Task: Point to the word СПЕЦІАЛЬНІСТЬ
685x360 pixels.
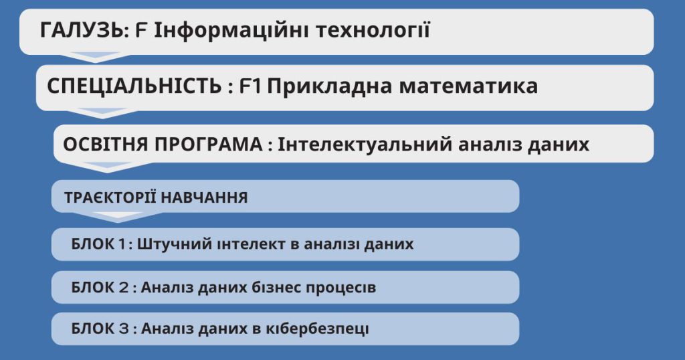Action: pos(134,86)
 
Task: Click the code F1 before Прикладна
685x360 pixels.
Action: pos(250,86)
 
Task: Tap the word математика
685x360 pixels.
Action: pos(468,86)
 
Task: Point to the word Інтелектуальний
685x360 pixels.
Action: pos(365,144)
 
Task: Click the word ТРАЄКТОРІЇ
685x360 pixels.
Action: pos(110,197)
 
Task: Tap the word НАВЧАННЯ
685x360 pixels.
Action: pos(204,197)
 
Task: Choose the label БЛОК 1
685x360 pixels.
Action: pos(98,244)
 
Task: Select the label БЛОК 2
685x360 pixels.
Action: pos(100,288)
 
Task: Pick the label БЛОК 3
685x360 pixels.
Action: pos(100,329)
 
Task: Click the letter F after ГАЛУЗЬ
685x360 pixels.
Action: pos(140,31)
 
